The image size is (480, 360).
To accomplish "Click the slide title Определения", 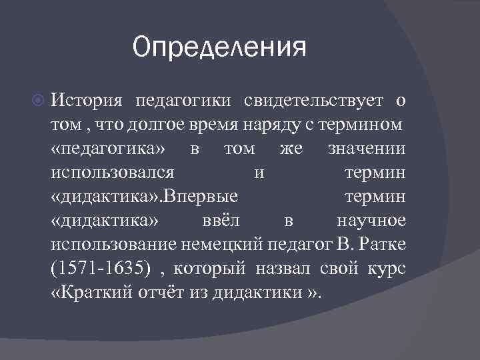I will pos(219,49).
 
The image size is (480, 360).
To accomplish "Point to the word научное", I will pos(371,221).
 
